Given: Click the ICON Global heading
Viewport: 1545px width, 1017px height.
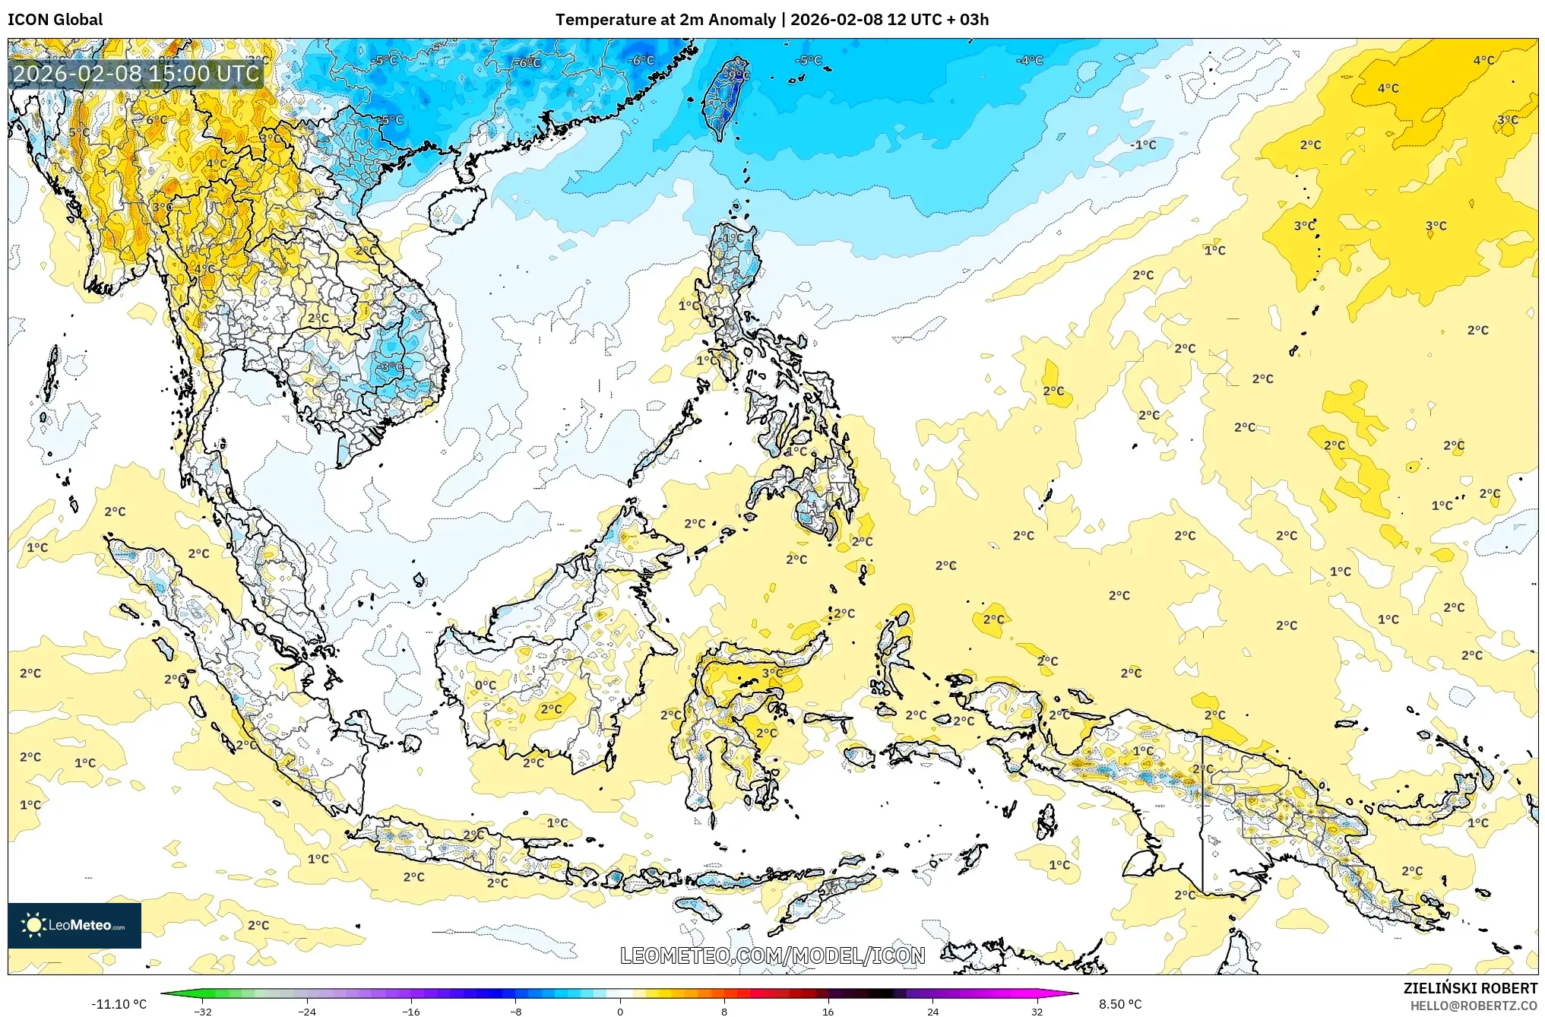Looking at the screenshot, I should click(x=55, y=19).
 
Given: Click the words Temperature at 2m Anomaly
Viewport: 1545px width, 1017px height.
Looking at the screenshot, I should click(x=665, y=19).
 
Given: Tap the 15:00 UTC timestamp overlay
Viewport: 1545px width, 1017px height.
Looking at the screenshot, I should click(x=137, y=74).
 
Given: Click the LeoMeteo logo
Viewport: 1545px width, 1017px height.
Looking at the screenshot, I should click(x=74, y=925).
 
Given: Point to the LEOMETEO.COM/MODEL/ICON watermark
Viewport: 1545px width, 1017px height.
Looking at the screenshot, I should click(x=772, y=955).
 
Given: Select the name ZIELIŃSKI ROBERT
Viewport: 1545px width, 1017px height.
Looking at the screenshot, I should click(x=1470, y=988).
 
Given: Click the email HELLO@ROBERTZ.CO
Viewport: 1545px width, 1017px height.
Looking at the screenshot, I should click(x=1474, y=1006).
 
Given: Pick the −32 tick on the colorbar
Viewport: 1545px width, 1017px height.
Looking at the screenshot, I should click(x=203, y=1011).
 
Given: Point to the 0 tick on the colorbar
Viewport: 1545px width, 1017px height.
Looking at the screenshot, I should click(x=620, y=1011).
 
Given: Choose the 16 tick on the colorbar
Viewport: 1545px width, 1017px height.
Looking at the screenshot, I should click(x=828, y=1011).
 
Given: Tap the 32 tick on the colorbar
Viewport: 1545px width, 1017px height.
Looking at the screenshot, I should click(x=1037, y=1011).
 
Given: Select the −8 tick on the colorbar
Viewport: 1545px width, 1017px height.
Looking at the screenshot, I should click(x=515, y=1011).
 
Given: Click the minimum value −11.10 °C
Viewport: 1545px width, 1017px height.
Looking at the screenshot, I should click(x=119, y=1004).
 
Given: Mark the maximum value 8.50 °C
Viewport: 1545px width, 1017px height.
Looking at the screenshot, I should click(x=1120, y=1004).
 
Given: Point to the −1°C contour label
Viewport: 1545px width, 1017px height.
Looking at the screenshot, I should click(x=1143, y=144).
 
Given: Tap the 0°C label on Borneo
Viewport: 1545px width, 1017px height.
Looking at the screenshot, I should click(x=486, y=685).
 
